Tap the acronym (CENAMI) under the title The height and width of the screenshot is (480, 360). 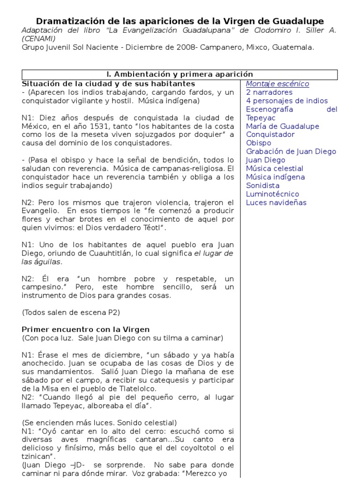point(40,38)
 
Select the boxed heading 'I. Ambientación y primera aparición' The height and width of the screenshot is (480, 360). point(180,75)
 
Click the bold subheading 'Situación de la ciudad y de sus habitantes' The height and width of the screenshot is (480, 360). point(102,83)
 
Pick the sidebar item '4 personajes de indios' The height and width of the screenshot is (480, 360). point(287,101)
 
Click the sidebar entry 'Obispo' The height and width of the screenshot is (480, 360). point(258,143)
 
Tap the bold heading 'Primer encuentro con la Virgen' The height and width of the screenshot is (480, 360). point(86,330)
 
